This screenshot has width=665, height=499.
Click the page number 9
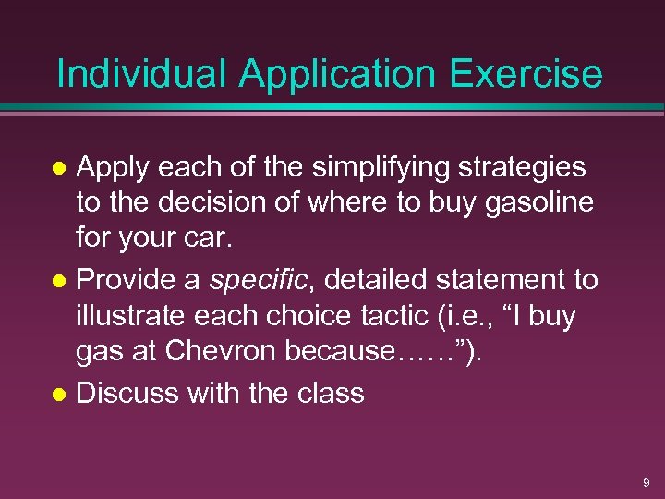pos(646,482)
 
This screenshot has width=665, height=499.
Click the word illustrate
pos(129,317)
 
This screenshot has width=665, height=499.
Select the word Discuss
pos(127,393)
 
